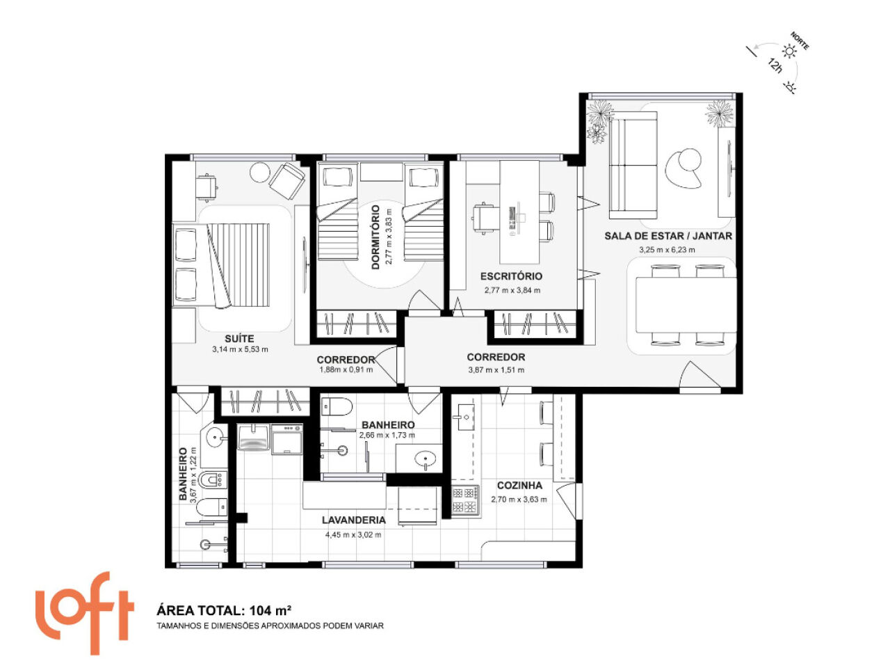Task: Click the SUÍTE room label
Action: pyautogui.click(x=239, y=338)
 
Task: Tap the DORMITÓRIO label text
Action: pyautogui.click(x=375, y=237)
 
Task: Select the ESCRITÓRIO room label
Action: pyautogui.click(x=511, y=276)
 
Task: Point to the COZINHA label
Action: pyautogui.click(x=519, y=486)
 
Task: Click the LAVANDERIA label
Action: pyautogui.click(x=354, y=520)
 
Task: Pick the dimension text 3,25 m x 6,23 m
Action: pyautogui.click(x=667, y=250)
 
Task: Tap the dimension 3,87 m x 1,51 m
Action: pyautogui.click(x=496, y=370)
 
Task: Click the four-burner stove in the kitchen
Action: pyautogui.click(x=464, y=500)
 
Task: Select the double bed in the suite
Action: pyautogui.click(x=221, y=265)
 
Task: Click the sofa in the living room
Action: pyautogui.click(x=633, y=165)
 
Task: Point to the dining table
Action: pyautogui.click(x=686, y=305)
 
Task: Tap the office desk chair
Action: pyautogui.click(x=485, y=219)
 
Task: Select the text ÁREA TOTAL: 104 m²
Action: pyautogui.click(x=224, y=610)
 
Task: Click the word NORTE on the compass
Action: pyautogui.click(x=800, y=41)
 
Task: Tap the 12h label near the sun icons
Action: pyautogui.click(x=775, y=65)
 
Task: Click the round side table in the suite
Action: pyautogui.click(x=260, y=173)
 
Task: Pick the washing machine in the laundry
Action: pyautogui.click(x=287, y=439)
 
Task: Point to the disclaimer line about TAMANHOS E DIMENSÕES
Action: pyautogui.click(x=270, y=626)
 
